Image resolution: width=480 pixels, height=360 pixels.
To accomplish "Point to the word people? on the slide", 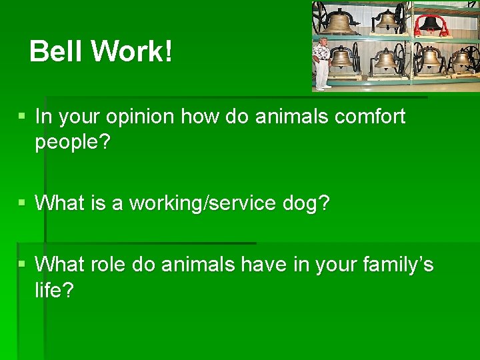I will tap(72, 143).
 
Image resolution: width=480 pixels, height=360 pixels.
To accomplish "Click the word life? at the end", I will tap(54, 290).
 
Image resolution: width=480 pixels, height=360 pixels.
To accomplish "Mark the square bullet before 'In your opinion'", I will tap(22, 116).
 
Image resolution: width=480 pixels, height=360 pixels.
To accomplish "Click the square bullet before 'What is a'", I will tap(22, 203).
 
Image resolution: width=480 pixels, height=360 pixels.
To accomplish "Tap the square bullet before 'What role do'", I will tap(22, 263).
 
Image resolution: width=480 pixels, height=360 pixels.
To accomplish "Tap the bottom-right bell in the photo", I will tap(463, 59).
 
